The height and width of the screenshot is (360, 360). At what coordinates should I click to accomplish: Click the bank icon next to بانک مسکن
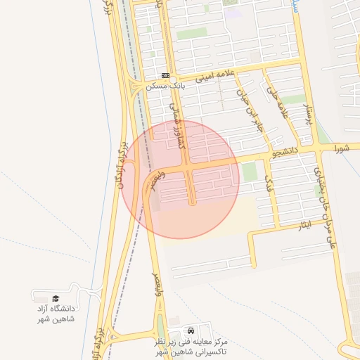165,75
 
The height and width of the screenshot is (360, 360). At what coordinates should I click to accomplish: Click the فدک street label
269,184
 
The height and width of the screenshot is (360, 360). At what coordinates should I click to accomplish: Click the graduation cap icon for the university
56,298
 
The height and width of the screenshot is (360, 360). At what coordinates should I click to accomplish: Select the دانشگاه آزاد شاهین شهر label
56,314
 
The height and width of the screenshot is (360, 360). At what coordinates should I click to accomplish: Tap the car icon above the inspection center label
191,330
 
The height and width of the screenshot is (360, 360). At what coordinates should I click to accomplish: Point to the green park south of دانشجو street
250,172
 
